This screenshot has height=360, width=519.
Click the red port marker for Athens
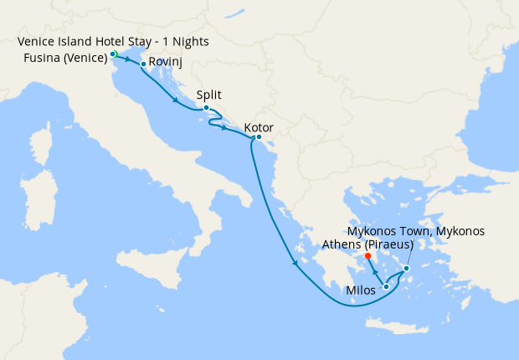click(368, 256)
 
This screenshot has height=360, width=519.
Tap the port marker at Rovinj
click(143, 64)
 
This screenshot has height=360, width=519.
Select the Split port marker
click(206, 107)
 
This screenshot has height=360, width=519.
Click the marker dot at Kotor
click(259, 136)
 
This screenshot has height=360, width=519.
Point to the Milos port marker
click(386, 287)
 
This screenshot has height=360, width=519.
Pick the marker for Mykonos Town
click(407, 269)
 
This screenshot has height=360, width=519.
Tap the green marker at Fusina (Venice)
click(113, 54)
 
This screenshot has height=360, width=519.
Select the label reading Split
click(208, 95)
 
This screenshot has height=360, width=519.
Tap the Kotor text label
click(258, 128)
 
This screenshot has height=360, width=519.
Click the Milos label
click(361, 291)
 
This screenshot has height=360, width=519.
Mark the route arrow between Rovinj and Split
click(176, 101)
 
